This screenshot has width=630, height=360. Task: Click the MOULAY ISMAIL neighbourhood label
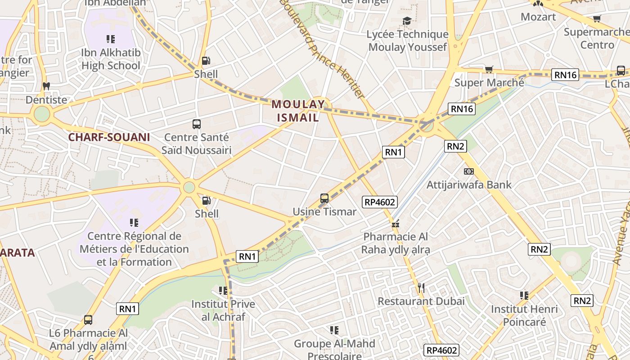297,111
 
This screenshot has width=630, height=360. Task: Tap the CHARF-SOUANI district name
109,137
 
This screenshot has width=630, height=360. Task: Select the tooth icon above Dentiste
46,86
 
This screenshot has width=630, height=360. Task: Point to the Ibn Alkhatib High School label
111,59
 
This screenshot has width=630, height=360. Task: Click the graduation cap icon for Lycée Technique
407,21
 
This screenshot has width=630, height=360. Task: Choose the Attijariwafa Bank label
469,184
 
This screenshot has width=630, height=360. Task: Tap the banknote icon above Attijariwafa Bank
469,171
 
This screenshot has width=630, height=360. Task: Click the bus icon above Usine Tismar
324,198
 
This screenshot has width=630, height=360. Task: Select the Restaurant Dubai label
421,301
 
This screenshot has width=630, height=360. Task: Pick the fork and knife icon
421,288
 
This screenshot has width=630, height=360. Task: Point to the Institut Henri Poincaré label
524,315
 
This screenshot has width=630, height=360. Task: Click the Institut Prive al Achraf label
223,310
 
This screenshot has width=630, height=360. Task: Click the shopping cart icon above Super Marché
489,69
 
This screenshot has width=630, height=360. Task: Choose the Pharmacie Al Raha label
396,243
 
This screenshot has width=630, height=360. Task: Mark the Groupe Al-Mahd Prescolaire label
334,350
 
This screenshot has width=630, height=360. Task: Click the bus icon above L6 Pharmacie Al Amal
88,320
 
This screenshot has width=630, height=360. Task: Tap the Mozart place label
538,17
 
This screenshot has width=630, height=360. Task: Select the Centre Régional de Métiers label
134,249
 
